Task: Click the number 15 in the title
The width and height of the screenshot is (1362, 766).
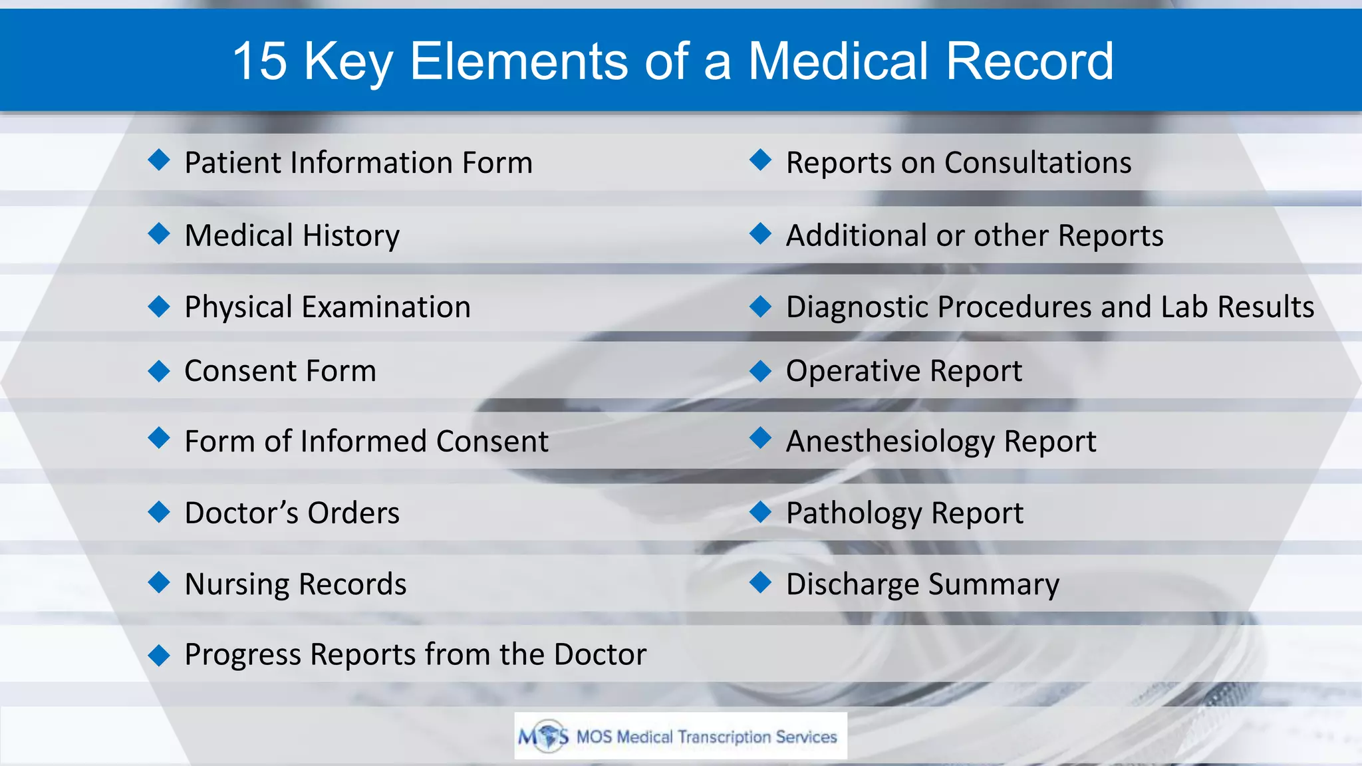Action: (x=260, y=61)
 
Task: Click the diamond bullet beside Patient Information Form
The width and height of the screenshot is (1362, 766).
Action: (x=159, y=160)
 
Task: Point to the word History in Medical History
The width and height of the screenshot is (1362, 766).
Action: (x=351, y=235)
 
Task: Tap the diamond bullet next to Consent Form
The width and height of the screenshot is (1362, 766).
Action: (x=159, y=370)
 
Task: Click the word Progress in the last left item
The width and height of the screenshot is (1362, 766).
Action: (x=242, y=655)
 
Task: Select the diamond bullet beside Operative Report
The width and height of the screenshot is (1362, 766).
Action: (x=759, y=370)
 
